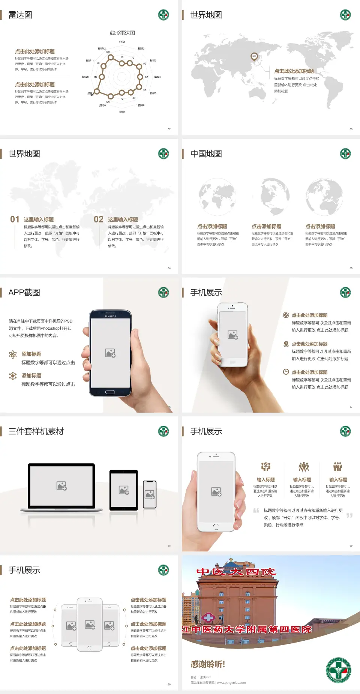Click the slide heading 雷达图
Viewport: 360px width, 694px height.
click(20, 15)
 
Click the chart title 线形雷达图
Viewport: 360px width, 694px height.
click(122, 33)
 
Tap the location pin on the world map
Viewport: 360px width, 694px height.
click(254, 57)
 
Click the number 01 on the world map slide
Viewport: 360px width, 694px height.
click(15, 219)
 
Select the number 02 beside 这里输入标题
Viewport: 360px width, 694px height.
click(99, 219)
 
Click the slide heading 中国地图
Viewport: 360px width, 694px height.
click(206, 154)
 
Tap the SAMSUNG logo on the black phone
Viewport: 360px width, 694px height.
click(110, 316)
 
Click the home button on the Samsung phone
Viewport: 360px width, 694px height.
click(110, 392)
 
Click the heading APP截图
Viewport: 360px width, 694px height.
click(24, 293)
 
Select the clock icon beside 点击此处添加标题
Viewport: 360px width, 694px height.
click(286, 372)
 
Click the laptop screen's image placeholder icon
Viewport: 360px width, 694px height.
click(61, 486)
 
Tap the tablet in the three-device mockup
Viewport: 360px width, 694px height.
click(123, 490)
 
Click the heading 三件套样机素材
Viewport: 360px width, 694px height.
click(36, 431)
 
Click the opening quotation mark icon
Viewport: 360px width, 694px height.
click(256, 510)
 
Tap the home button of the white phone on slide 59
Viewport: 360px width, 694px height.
click(216, 527)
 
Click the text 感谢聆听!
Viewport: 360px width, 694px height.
click(208, 664)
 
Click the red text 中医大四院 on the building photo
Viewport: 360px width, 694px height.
click(236, 572)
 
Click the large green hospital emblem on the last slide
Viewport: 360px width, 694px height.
click(338, 670)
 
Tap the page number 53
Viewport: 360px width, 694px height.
click(351, 129)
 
